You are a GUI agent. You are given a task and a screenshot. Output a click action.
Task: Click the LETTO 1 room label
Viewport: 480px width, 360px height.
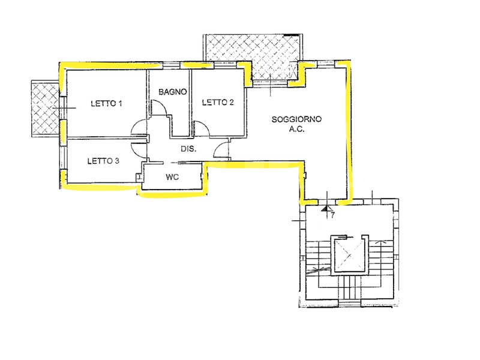[106, 103]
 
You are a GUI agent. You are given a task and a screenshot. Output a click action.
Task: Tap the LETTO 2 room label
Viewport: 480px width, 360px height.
[218, 102]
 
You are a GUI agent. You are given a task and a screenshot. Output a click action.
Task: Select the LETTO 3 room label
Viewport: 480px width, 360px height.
[103, 161]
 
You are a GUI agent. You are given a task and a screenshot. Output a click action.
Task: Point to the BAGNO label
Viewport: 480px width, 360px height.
[173, 92]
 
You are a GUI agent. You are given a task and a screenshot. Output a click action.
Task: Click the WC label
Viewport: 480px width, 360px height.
[172, 177]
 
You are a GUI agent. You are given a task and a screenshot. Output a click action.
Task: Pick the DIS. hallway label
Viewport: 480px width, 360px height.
[188, 149]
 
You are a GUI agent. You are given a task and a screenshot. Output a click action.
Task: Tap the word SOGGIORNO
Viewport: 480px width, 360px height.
[296, 119]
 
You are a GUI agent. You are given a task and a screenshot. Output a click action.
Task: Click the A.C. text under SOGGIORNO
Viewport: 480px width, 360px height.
[296, 129]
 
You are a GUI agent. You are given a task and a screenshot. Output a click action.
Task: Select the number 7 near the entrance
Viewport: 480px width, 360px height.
[333, 215]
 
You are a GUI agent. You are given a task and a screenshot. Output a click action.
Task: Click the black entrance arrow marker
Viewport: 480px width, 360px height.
[327, 208]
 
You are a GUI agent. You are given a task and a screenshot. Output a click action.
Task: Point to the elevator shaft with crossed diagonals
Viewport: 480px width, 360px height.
[350, 254]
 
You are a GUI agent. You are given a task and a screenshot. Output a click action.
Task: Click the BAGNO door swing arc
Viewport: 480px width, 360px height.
[160, 108]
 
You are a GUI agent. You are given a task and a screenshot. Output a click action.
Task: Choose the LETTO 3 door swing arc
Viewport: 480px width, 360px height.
[137, 150]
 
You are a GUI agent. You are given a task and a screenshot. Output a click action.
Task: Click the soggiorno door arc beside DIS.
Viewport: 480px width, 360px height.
[221, 149]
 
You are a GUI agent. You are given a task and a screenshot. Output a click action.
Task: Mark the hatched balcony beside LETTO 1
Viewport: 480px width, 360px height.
[46, 109]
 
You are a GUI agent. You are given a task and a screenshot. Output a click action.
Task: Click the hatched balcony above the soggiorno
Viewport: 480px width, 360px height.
[253, 58]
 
